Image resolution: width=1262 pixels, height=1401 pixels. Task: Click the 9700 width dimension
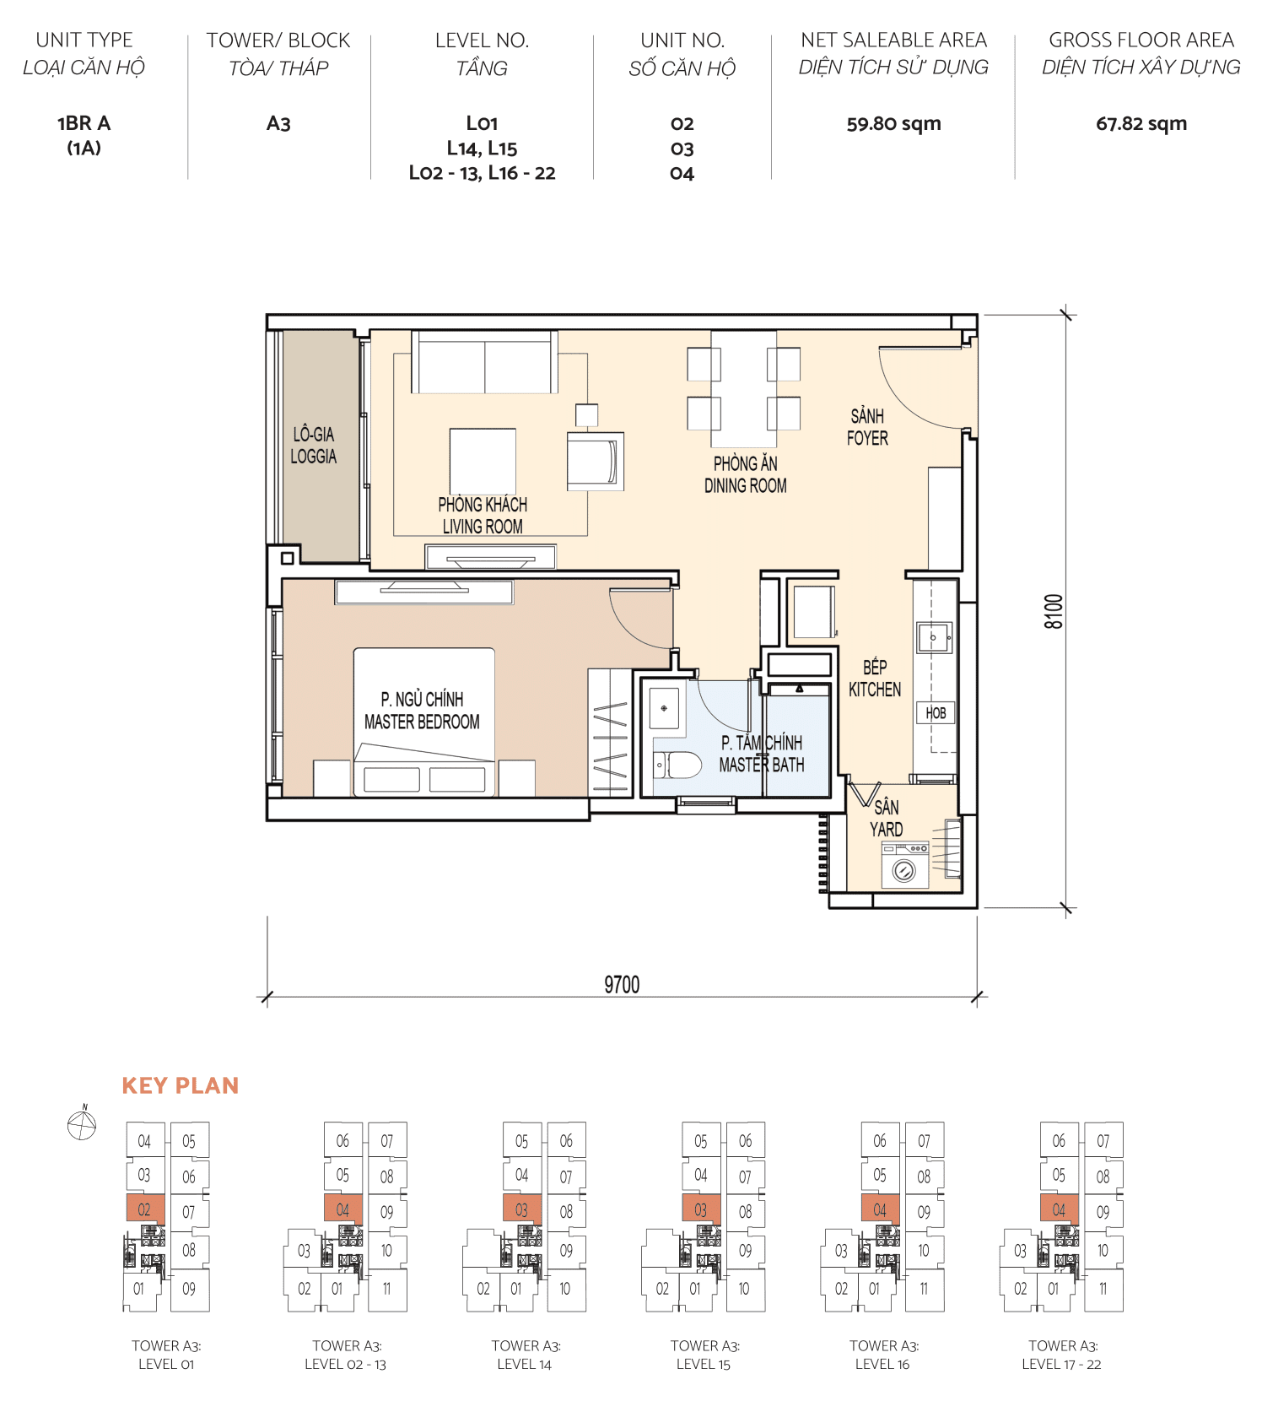pyautogui.click(x=622, y=984)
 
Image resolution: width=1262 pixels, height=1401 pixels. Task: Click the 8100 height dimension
pyautogui.click(x=1054, y=611)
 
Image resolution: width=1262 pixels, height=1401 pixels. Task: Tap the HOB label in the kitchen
pyautogui.click(x=936, y=713)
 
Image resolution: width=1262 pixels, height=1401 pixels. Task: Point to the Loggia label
pyautogui.click(x=313, y=446)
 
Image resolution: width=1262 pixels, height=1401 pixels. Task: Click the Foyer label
pyautogui.click(x=867, y=427)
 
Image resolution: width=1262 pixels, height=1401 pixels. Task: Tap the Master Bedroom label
pyautogui.click(x=422, y=711)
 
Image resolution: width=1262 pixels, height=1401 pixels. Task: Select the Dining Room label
pyautogui.click(x=745, y=474)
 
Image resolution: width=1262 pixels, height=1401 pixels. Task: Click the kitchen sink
pyautogui.click(x=934, y=638)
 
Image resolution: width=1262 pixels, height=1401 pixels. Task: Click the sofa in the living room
pyautogui.click(x=484, y=363)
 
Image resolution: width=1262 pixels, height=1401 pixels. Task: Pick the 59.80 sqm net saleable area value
pyautogui.click(x=893, y=124)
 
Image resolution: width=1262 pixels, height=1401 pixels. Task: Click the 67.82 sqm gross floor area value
pyautogui.click(x=1141, y=124)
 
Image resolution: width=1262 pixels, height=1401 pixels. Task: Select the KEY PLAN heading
pyautogui.click(x=181, y=1085)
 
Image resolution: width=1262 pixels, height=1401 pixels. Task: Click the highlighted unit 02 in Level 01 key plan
pyautogui.click(x=145, y=1209)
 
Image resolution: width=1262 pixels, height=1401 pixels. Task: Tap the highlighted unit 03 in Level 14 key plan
pyautogui.click(x=522, y=1209)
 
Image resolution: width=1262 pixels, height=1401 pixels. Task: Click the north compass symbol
pyautogui.click(x=82, y=1124)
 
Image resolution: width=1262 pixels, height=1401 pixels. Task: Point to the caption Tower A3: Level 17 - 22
pyautogui.click(x=1062, y=1355)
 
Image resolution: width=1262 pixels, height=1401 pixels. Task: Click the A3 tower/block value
pyautogui.click(x=278, y=124)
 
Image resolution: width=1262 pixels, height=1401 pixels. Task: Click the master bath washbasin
pyautogui.click(x=664, y=707)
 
